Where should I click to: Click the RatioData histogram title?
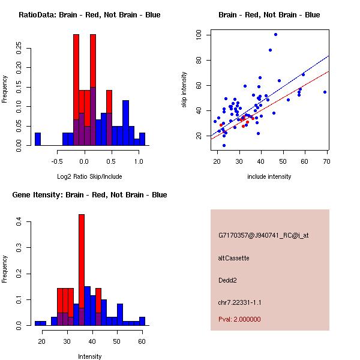[x=89, y=15]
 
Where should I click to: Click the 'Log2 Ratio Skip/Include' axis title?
[x=89, y=176]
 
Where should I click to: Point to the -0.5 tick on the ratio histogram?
[x=57, y=161]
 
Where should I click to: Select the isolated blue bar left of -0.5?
[x=38, y=139]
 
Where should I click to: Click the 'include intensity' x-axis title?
[x=269, y=176]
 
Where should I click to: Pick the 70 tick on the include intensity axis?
[x=327, y=161]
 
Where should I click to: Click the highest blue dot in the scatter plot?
[x=275, y=34]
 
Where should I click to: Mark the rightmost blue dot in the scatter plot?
[x=325, y=92]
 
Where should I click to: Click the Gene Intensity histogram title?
[x=89, y=195]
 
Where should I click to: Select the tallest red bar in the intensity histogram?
[x=82, y=269]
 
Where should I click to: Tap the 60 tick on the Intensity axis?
[x=142, y=341]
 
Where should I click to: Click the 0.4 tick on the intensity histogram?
[x=19, y=222]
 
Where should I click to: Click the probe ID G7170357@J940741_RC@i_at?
[x=263, y=236]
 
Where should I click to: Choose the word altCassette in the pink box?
[x=234, y=258]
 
